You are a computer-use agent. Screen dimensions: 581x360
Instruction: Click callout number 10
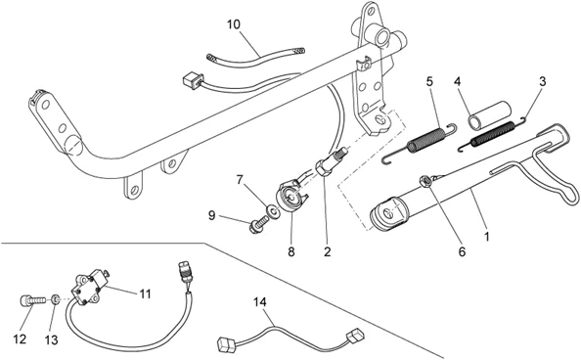(x=234, y=24)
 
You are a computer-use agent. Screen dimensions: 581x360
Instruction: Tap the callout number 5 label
(x=429, y=81)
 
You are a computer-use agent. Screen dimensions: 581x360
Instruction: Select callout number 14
(x=260, y=301)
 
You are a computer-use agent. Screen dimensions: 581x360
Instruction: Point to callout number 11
(x=145, y=294)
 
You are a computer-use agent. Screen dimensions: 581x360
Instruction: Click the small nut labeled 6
(x=425, y=181)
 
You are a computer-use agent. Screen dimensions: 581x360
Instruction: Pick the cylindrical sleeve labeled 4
(x=490, y=114)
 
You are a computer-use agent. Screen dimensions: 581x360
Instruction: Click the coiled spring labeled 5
(x=419, y=144)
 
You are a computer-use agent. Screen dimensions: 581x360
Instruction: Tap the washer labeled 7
(x=274, y=212)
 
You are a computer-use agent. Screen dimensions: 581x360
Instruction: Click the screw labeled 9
(x=258, y=224)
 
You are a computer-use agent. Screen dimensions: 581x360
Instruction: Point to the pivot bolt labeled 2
(x=331, y=161)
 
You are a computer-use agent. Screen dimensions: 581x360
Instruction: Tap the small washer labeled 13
(x=55, y=298)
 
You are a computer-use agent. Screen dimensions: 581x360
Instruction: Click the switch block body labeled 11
(x=89, y=287)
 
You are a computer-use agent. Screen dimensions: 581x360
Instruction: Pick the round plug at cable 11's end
(x=184, y=273)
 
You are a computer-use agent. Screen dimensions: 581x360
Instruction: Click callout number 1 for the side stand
(x=487, y=237)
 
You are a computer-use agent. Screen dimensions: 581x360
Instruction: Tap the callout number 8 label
(x=291, y=252)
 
